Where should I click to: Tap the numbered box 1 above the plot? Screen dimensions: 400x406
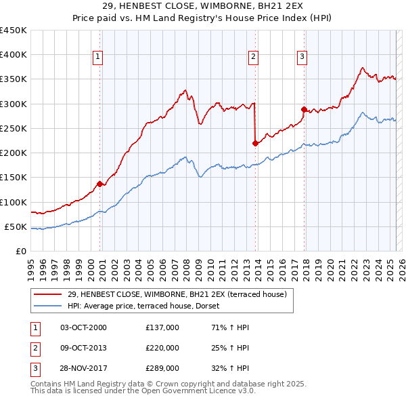(99, 58)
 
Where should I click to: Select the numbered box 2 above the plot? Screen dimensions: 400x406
(254, 58)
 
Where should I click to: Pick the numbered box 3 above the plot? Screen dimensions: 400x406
(302, 58)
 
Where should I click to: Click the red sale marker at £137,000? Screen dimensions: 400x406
(99, 184)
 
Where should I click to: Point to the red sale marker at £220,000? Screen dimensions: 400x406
(255, 143)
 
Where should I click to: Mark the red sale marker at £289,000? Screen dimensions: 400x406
(304, 109)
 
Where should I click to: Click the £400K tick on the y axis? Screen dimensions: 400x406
(14, 55)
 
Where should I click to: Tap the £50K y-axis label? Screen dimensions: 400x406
(16, 226)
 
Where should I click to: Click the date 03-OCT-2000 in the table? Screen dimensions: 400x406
(83, 327)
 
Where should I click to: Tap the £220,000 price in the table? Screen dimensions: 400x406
(162, 348)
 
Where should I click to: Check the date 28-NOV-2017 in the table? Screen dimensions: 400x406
(84, 368)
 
